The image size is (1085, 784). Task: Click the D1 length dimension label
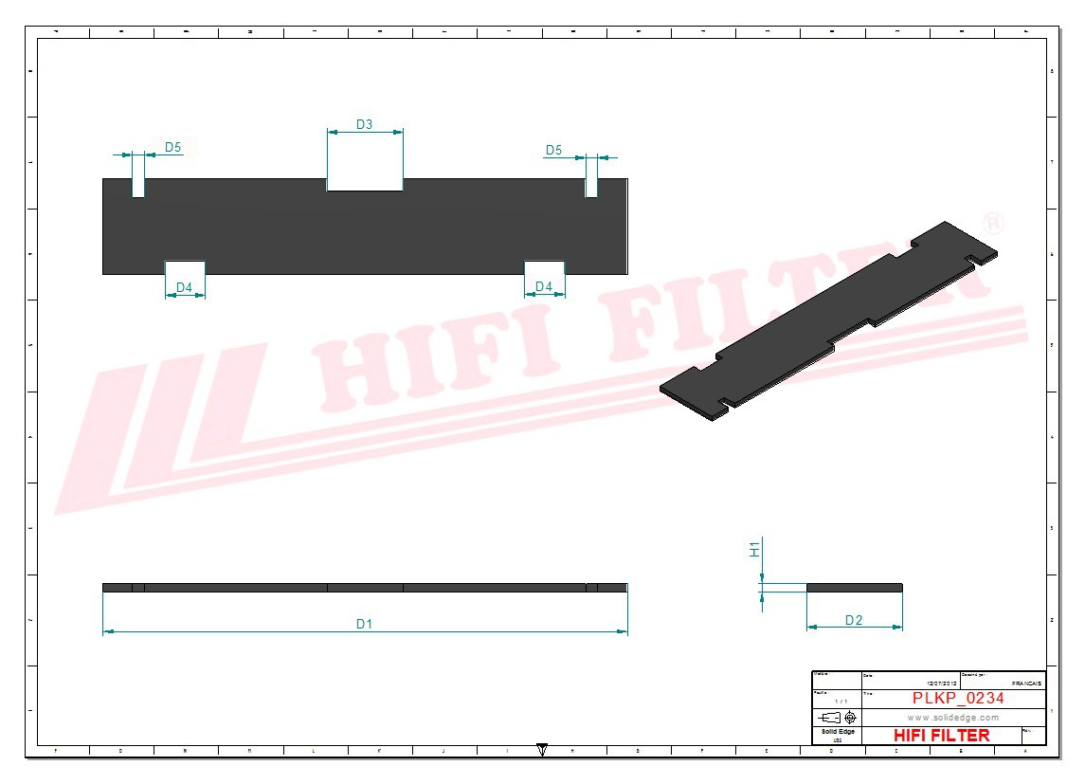365,623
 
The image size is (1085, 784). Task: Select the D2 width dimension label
854,620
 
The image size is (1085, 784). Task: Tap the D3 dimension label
365,124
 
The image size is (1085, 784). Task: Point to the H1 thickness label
755,549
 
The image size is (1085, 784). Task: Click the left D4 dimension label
185,286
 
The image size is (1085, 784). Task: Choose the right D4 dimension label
544,286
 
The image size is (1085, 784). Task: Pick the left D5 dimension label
173,147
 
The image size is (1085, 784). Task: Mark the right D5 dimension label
553,150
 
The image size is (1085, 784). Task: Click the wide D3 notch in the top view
365,184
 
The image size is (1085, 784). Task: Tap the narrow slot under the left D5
138,188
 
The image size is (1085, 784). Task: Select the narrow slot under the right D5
591,188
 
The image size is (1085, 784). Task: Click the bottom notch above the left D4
185,267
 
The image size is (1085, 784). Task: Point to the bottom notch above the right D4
545,267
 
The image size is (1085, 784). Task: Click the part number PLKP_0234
958,698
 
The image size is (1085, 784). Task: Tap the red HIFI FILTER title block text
941,736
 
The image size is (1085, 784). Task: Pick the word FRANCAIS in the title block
1026,683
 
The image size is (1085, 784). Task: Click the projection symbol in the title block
838,718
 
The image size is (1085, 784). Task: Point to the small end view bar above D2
854,588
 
